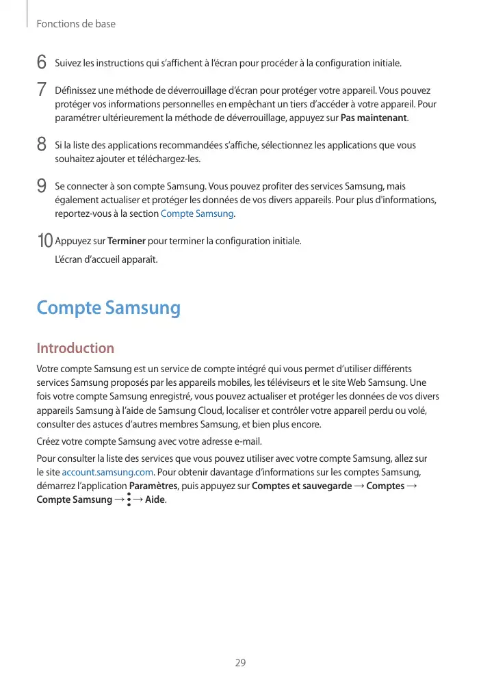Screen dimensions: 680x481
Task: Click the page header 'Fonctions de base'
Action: (75, 24)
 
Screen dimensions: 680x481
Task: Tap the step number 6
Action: (42, 63)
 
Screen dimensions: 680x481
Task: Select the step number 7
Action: (42, 90)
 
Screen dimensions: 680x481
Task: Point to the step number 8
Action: (42, 145)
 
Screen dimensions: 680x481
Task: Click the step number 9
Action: (42, 186)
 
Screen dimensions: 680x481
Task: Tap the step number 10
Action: (44, 241)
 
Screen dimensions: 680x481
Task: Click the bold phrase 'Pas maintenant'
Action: (373, 118)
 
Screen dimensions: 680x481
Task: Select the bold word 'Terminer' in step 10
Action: (127, 241)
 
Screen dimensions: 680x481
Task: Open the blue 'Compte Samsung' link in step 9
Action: (197, 213)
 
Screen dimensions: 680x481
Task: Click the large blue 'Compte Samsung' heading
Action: (108, 308)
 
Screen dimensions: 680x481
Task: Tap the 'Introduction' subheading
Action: (75, 348)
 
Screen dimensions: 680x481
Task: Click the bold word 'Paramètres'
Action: (153, 486)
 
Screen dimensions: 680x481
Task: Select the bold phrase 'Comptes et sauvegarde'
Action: (302, 486)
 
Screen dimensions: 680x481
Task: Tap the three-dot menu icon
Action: (129, 500)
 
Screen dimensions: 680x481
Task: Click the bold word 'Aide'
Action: (155, 500)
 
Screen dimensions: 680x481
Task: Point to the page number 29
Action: (240, 662)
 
